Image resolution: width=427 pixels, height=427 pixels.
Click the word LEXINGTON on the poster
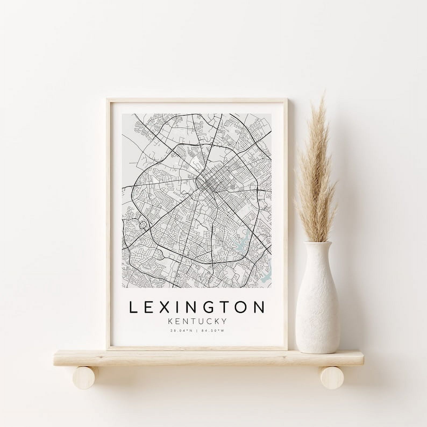tap(197, 307)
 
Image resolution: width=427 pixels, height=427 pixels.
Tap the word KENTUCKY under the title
tap(197, 321)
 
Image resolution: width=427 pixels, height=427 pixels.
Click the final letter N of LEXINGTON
tap(259, 307)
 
